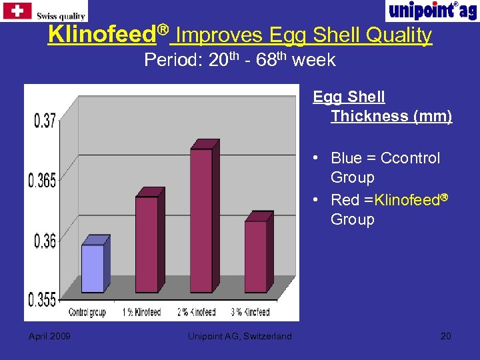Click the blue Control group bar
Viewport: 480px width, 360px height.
tap(93, 268)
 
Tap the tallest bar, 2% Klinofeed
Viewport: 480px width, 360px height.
tap(201, 220)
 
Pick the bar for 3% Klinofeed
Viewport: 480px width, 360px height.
tap(255, 256)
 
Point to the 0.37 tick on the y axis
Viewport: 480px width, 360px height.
tap(45, 121)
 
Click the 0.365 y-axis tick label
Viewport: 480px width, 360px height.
tap(42, 180)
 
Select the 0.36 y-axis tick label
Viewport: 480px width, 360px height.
tap(45, 241)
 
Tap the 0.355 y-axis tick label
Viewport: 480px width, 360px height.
tap(42, 300)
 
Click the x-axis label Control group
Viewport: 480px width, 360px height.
tap(87, 312)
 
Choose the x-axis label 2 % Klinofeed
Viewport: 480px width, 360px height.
tap(196, 312)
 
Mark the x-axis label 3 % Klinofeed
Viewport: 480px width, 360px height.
tap(251, 312)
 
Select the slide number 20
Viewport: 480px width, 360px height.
tap(445, 336)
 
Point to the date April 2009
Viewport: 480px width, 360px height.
tap(49, 336)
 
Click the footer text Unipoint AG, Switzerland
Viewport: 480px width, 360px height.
tap(240, 336)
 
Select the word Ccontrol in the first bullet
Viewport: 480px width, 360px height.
tap(410, 158)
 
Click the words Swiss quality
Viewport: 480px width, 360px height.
tap(61, 16)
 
